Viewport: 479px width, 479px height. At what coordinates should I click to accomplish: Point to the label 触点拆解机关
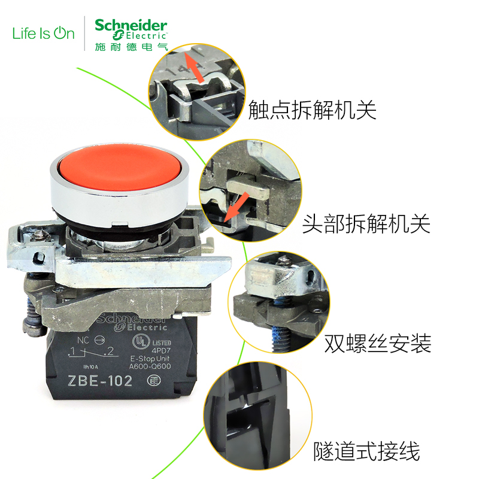click(312, 110)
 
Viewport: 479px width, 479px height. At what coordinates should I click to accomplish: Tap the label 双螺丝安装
click(377, 344)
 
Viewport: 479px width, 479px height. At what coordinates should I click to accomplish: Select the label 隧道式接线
click(366, 451)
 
